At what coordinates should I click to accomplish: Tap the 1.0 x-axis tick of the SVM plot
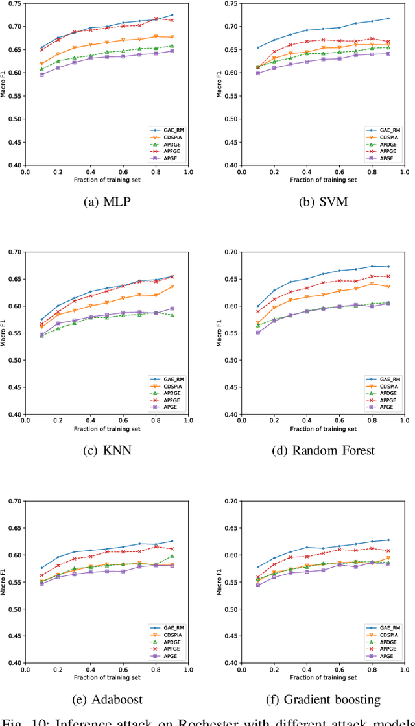coord(404,172)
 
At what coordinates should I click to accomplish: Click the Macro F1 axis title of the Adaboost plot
coord(5,582)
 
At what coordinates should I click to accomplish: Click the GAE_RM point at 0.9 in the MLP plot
coord(172,15)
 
